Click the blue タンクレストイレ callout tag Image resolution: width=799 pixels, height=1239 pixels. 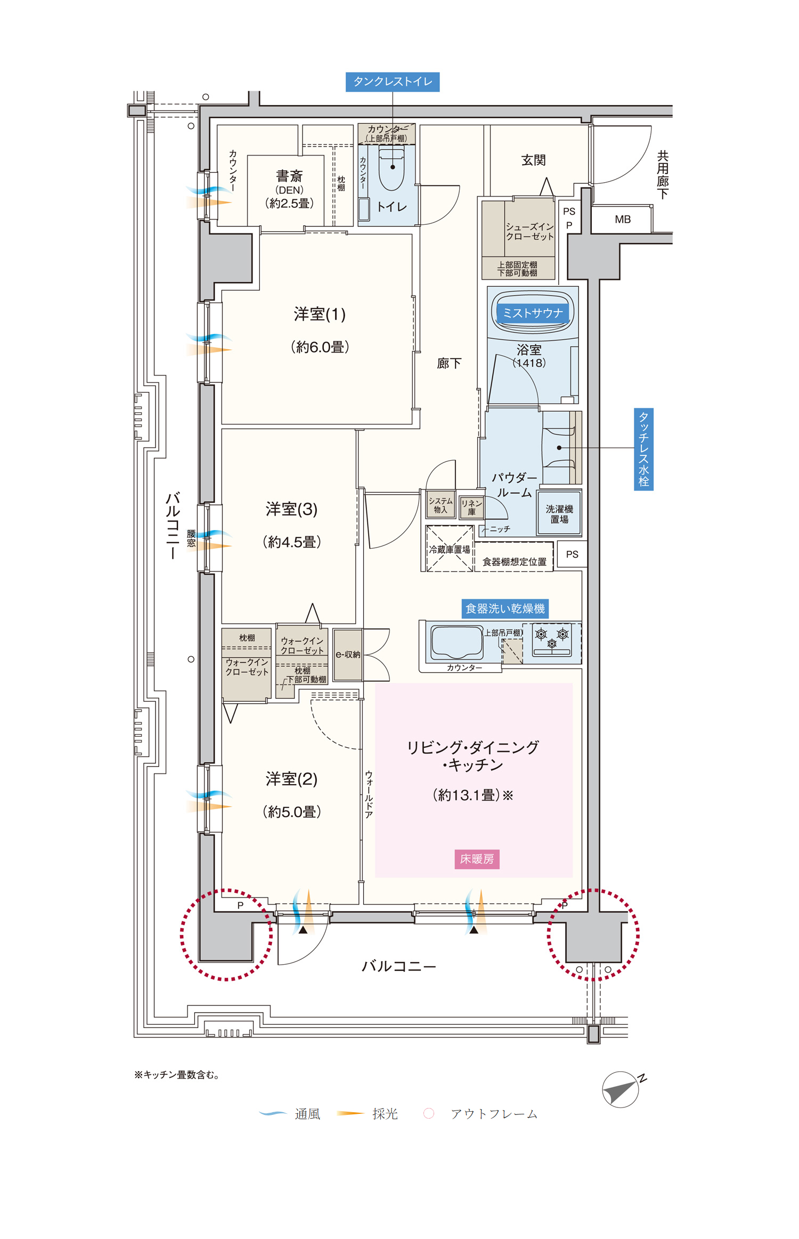tap(393, 82)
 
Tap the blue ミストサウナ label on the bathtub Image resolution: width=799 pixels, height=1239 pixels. tap(533, 313)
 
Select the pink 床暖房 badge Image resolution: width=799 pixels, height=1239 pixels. tap(477, 859)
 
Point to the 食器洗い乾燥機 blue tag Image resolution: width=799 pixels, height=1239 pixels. tap(505, 609)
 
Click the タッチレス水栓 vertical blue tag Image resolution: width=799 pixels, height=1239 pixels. tap(643, 449)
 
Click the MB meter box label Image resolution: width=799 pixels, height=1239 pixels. tap(623, 219)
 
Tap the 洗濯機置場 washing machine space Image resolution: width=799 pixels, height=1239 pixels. tap(559, 513)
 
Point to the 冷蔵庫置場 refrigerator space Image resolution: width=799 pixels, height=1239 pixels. tap(450, 549)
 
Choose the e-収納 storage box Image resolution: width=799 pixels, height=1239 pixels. tap(347, 655)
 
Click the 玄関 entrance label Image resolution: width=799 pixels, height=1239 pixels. tap(533, 160)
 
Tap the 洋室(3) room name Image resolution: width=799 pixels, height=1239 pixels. tap(291, 509)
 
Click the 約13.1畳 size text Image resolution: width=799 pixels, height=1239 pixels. tap(472, 795)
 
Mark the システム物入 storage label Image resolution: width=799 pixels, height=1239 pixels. tap(441, 505)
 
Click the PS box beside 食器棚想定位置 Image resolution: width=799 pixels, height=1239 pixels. tap(572, 555)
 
